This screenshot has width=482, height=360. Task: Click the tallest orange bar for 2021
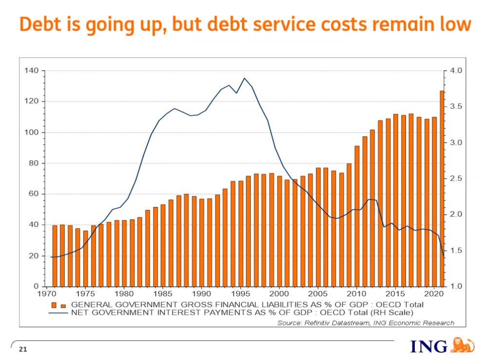click(x=442, y=188)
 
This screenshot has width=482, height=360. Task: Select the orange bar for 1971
click(x=55, y=255)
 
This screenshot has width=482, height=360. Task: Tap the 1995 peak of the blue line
click(x=244, y=78)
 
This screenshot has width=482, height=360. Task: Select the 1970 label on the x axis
click(x=44, y=294)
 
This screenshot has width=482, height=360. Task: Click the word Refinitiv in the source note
click(x=321, y=323)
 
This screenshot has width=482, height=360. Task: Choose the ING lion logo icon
click(x=463, y=345)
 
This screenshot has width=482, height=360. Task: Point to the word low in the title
click(x=454, y=24)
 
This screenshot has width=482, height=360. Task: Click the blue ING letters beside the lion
click(x=428, y=346)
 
